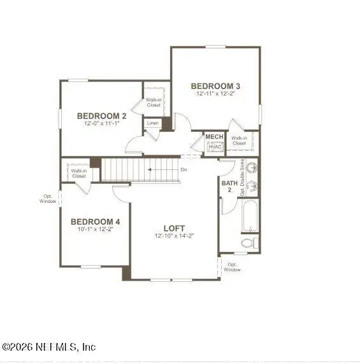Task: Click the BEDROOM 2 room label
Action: [x=102, y=116]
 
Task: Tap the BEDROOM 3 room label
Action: [x=215, y=86]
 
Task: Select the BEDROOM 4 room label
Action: [x=95, y=221]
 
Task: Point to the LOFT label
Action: [x=174, y=228]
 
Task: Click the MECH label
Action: [x=213, y=137]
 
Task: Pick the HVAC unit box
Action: [x=214, y=147]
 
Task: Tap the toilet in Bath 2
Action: [x=250, y=242]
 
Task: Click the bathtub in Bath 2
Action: [x=250, y=216]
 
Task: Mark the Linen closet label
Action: [x=153, y=123]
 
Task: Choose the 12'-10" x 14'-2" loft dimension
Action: [x=174, y=235]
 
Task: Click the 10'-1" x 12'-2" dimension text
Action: [x=95, y=229]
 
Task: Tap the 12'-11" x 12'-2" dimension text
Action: [x=215, y=94]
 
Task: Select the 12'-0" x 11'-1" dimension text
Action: [x=102, y=123]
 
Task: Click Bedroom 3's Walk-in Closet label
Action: [x=239, y=141]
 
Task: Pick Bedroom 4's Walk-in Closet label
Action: [x=79, y=173]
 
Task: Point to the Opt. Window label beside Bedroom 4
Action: [x=48, y=198]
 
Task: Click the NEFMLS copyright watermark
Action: [x=49, y=347]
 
